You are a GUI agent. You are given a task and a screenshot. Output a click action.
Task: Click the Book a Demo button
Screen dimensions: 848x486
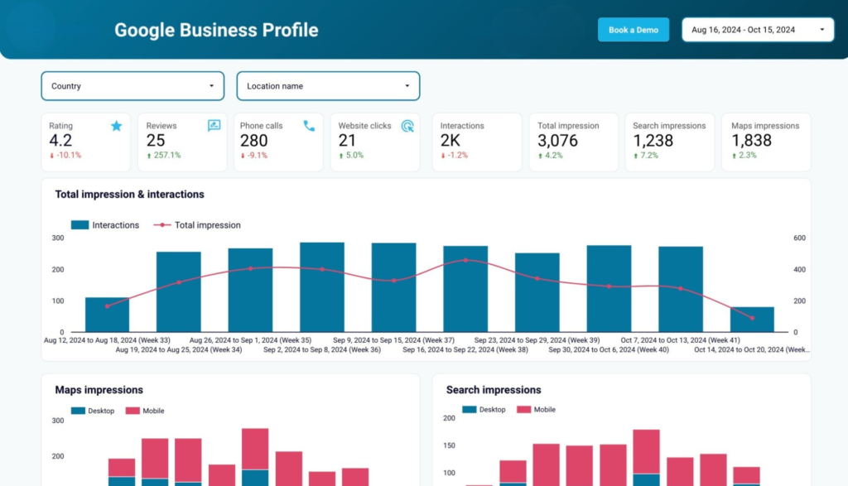(x=634, y=30)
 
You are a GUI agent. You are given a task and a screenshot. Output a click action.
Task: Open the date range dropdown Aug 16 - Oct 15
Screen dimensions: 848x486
(x=758, y=30)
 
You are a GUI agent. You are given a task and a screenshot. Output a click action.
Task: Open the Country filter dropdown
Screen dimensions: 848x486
(x=132, y=86)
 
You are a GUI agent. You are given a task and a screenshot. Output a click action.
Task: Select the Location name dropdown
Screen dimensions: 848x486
(x=328, y=86)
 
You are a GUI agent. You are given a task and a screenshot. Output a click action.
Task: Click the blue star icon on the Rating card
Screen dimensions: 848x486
(x=116, y=126)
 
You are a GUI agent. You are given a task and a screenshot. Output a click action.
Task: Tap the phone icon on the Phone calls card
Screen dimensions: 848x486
(x=309, y=126)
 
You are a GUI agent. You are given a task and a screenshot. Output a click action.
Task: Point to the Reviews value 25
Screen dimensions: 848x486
(x=155, y=141)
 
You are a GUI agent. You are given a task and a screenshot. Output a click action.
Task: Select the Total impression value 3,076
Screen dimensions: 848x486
(x=557, y=141)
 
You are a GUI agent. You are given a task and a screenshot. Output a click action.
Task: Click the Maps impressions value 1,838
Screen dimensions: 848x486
(x=751, y=141)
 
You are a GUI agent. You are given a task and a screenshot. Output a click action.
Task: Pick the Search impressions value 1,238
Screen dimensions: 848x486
(x=653, y=141)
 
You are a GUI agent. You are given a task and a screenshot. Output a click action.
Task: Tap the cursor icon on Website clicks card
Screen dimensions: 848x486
(x=407, y=126)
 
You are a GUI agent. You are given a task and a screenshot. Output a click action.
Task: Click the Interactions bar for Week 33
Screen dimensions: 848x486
(x=107, y=315)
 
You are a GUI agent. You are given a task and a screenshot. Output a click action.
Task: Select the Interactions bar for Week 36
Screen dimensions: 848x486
(x=322, y=287)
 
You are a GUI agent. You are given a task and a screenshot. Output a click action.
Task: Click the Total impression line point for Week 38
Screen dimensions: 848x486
(x=465, y=261)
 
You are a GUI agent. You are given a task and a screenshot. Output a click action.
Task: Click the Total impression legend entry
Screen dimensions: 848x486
(x=197, y=225)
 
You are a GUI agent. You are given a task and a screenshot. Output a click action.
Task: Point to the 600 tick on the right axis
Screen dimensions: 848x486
(x=799, y=238)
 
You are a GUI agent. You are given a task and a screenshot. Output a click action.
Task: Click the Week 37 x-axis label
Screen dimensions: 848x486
(x=393, y=340)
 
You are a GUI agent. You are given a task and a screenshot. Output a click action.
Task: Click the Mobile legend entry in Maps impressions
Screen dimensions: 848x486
(x=145, y=411)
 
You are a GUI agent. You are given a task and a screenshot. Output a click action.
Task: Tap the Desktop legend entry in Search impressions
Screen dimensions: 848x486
(x=484, y=410)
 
